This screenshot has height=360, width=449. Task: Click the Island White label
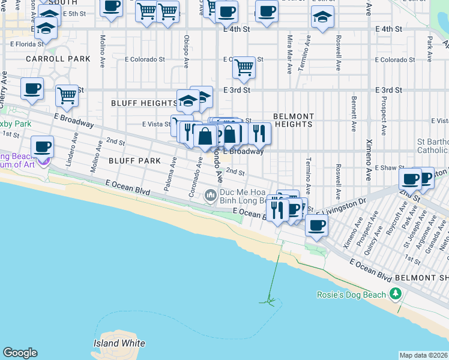tap(119, 343)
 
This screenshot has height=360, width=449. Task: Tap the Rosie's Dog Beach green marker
tap(395, 294)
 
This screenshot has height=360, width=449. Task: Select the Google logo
tap(20, 353)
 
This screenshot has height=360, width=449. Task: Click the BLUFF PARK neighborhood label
tap(134, 161)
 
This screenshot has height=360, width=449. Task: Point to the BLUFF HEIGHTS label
tap(144, 103)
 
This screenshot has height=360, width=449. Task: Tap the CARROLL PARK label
tap(58, 59)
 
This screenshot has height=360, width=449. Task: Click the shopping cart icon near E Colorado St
tap(244, 68)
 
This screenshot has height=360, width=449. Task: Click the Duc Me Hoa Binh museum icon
tap(210, 195)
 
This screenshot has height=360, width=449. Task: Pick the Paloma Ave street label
tap(170, 175)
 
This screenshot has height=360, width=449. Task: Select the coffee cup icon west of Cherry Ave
tap(32, 88)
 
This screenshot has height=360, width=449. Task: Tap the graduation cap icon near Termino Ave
tap(322, 18)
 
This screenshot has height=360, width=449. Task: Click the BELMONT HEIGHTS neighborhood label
tap(294, 120)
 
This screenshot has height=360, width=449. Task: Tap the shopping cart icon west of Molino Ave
tap(67, 95)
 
